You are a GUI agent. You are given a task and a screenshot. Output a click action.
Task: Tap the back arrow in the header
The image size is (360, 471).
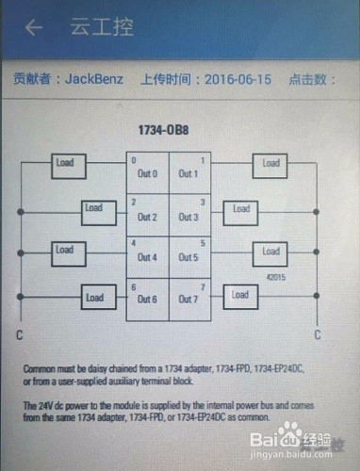coord(34,27)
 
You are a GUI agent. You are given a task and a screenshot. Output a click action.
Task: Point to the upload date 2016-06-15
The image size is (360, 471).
coord(239,79)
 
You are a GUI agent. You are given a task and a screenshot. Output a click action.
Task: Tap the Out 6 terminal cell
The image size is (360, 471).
coord(148,299)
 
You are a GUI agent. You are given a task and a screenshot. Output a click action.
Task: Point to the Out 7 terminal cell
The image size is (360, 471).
coord(189,299)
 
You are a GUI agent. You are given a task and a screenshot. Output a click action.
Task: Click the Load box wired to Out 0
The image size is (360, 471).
coord(64,163)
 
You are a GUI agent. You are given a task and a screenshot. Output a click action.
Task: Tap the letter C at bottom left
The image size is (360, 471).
coord(20,334)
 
